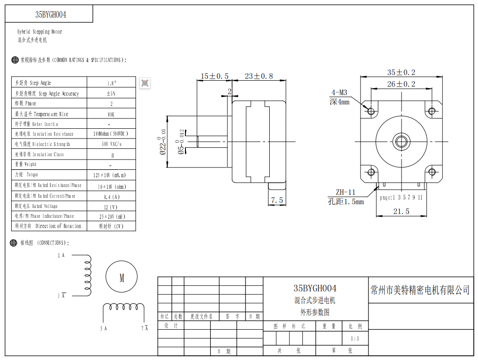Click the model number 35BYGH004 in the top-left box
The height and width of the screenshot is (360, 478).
[51, 14]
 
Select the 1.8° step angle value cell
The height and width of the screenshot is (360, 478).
[111, 83]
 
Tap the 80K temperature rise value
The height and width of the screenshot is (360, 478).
[111, 114]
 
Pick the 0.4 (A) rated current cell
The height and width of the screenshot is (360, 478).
[111, 196]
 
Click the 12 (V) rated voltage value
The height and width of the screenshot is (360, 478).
[111, 207]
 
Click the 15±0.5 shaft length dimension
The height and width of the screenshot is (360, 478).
[215, 76]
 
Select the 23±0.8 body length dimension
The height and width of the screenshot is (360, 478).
[259, 76]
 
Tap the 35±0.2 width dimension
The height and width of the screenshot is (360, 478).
[401, 72]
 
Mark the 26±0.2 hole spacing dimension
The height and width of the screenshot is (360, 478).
[401, 84]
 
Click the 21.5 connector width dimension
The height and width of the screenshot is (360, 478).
[401, 211]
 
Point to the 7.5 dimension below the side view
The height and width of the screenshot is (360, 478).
[277, 200]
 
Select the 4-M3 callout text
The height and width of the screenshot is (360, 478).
[339, 92]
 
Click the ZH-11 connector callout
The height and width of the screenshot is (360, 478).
[345, 192]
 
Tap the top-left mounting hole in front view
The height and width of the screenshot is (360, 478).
[371, 111]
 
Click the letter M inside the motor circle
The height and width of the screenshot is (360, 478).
[122, 278]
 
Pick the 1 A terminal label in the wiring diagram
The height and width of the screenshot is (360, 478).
[61, 256]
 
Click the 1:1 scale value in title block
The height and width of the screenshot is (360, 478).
[355, 339]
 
